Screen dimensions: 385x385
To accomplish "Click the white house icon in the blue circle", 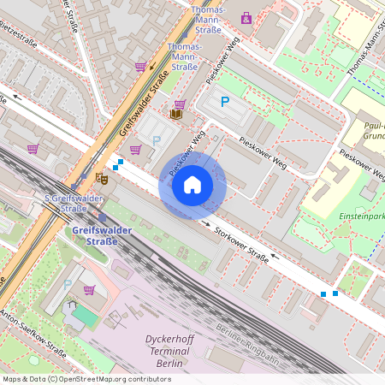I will [x=192, y=185].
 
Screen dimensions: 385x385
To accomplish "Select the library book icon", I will [x=176, y=114].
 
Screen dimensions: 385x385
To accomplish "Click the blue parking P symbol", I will [x=225, y=102].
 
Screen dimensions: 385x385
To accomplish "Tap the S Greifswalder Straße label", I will [x=66, y=203].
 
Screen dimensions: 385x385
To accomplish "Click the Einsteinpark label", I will [x=358, y=216].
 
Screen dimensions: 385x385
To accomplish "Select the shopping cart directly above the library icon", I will [x=180, y=103].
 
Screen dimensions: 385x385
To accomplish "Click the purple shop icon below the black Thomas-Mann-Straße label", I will [x=246, y=16].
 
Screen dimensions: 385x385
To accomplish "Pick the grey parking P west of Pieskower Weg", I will [x=156, y=139].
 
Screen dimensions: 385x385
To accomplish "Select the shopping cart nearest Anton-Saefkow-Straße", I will [x=89, y=289].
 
